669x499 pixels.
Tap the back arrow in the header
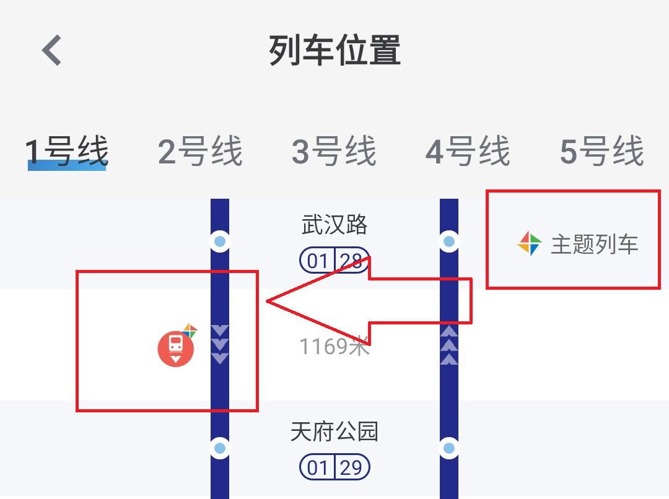point(51,50)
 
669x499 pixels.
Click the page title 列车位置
point(335,50)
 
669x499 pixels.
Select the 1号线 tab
point(66,151)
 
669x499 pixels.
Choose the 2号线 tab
point(200,151)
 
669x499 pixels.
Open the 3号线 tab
point(334,151)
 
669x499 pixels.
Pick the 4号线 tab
point(468,151)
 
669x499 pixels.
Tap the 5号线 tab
point(601,151)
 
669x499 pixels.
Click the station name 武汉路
point(334,224)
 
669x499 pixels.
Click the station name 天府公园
point(334,431)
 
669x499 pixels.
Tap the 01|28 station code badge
point(334,260)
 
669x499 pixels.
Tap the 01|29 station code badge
point(334,467)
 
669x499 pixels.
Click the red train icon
point(176,349)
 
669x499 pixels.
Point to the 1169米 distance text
point(334,346)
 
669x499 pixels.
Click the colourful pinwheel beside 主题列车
point(530,243)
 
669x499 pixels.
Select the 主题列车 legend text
point(594,245)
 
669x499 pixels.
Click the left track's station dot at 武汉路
point(220,241)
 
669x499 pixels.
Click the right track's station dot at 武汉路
point(449,241)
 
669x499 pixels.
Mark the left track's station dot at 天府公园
point(220,448)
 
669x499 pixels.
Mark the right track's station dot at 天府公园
point(449,448)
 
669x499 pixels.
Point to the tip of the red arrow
point(266,301)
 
